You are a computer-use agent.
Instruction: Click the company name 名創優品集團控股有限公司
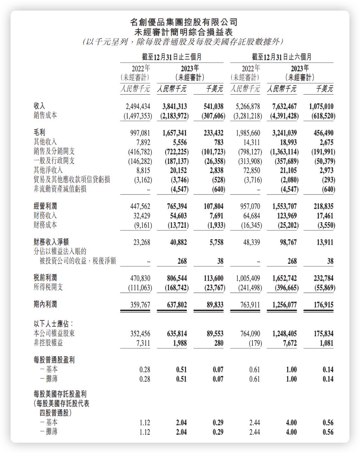(184, 23)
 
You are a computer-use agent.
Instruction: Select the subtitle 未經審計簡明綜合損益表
(184, 32)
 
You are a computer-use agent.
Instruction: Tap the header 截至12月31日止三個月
(172, 57)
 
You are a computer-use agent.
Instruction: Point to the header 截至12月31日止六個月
(282, 57)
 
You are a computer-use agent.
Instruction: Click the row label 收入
(39, 106)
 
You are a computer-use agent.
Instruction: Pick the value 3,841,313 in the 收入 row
(175, 107)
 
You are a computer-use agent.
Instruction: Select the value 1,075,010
(321, 107)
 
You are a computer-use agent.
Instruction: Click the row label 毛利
(39, 133)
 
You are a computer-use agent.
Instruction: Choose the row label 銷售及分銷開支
(54, 151)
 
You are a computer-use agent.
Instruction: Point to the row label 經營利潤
(45, 206)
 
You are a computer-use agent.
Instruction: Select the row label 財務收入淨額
(51, 242)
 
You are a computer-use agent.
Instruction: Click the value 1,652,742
(284, 279)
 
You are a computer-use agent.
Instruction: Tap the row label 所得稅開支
(48, 287)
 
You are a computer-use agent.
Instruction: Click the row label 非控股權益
(48, 343)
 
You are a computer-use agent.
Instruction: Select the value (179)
(255, 343)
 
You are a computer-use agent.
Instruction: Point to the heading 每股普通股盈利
(54, 360)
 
